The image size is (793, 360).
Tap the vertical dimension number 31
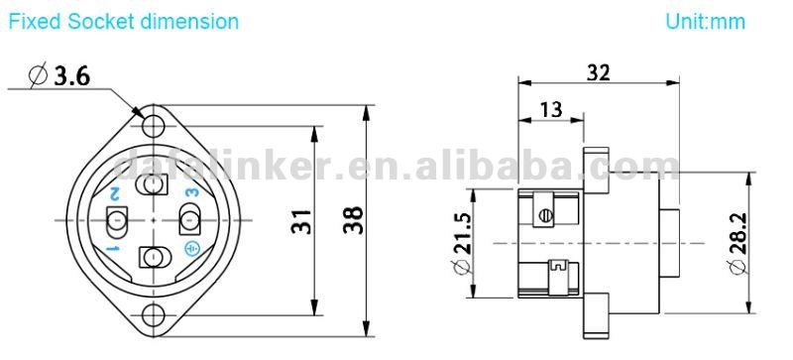pos(303,220)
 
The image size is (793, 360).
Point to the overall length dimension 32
pos(598,72)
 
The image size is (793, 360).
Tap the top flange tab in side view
pos(593,161)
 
